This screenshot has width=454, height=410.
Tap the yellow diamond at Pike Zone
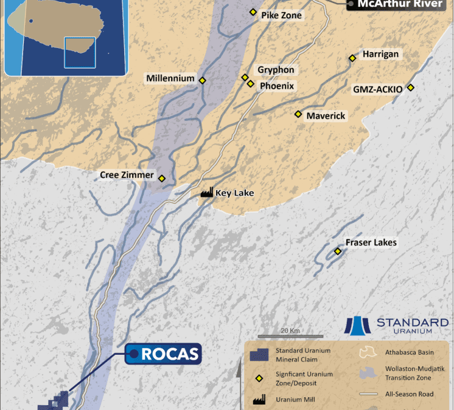point(253,12)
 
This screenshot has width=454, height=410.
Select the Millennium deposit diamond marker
point(203,80)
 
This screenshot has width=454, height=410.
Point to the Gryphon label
point(276,70)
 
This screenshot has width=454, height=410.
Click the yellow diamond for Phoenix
point(250,83)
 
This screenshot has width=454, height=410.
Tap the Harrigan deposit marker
point(352,58)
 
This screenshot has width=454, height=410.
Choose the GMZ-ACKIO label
point(377,89)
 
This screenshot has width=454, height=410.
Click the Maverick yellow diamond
point(298,114)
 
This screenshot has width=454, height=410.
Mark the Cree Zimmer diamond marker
point(162,178)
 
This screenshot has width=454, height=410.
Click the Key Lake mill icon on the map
point(206,193)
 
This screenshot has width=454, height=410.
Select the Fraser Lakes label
point(371,242)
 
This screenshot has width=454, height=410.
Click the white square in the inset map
point(80,53)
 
